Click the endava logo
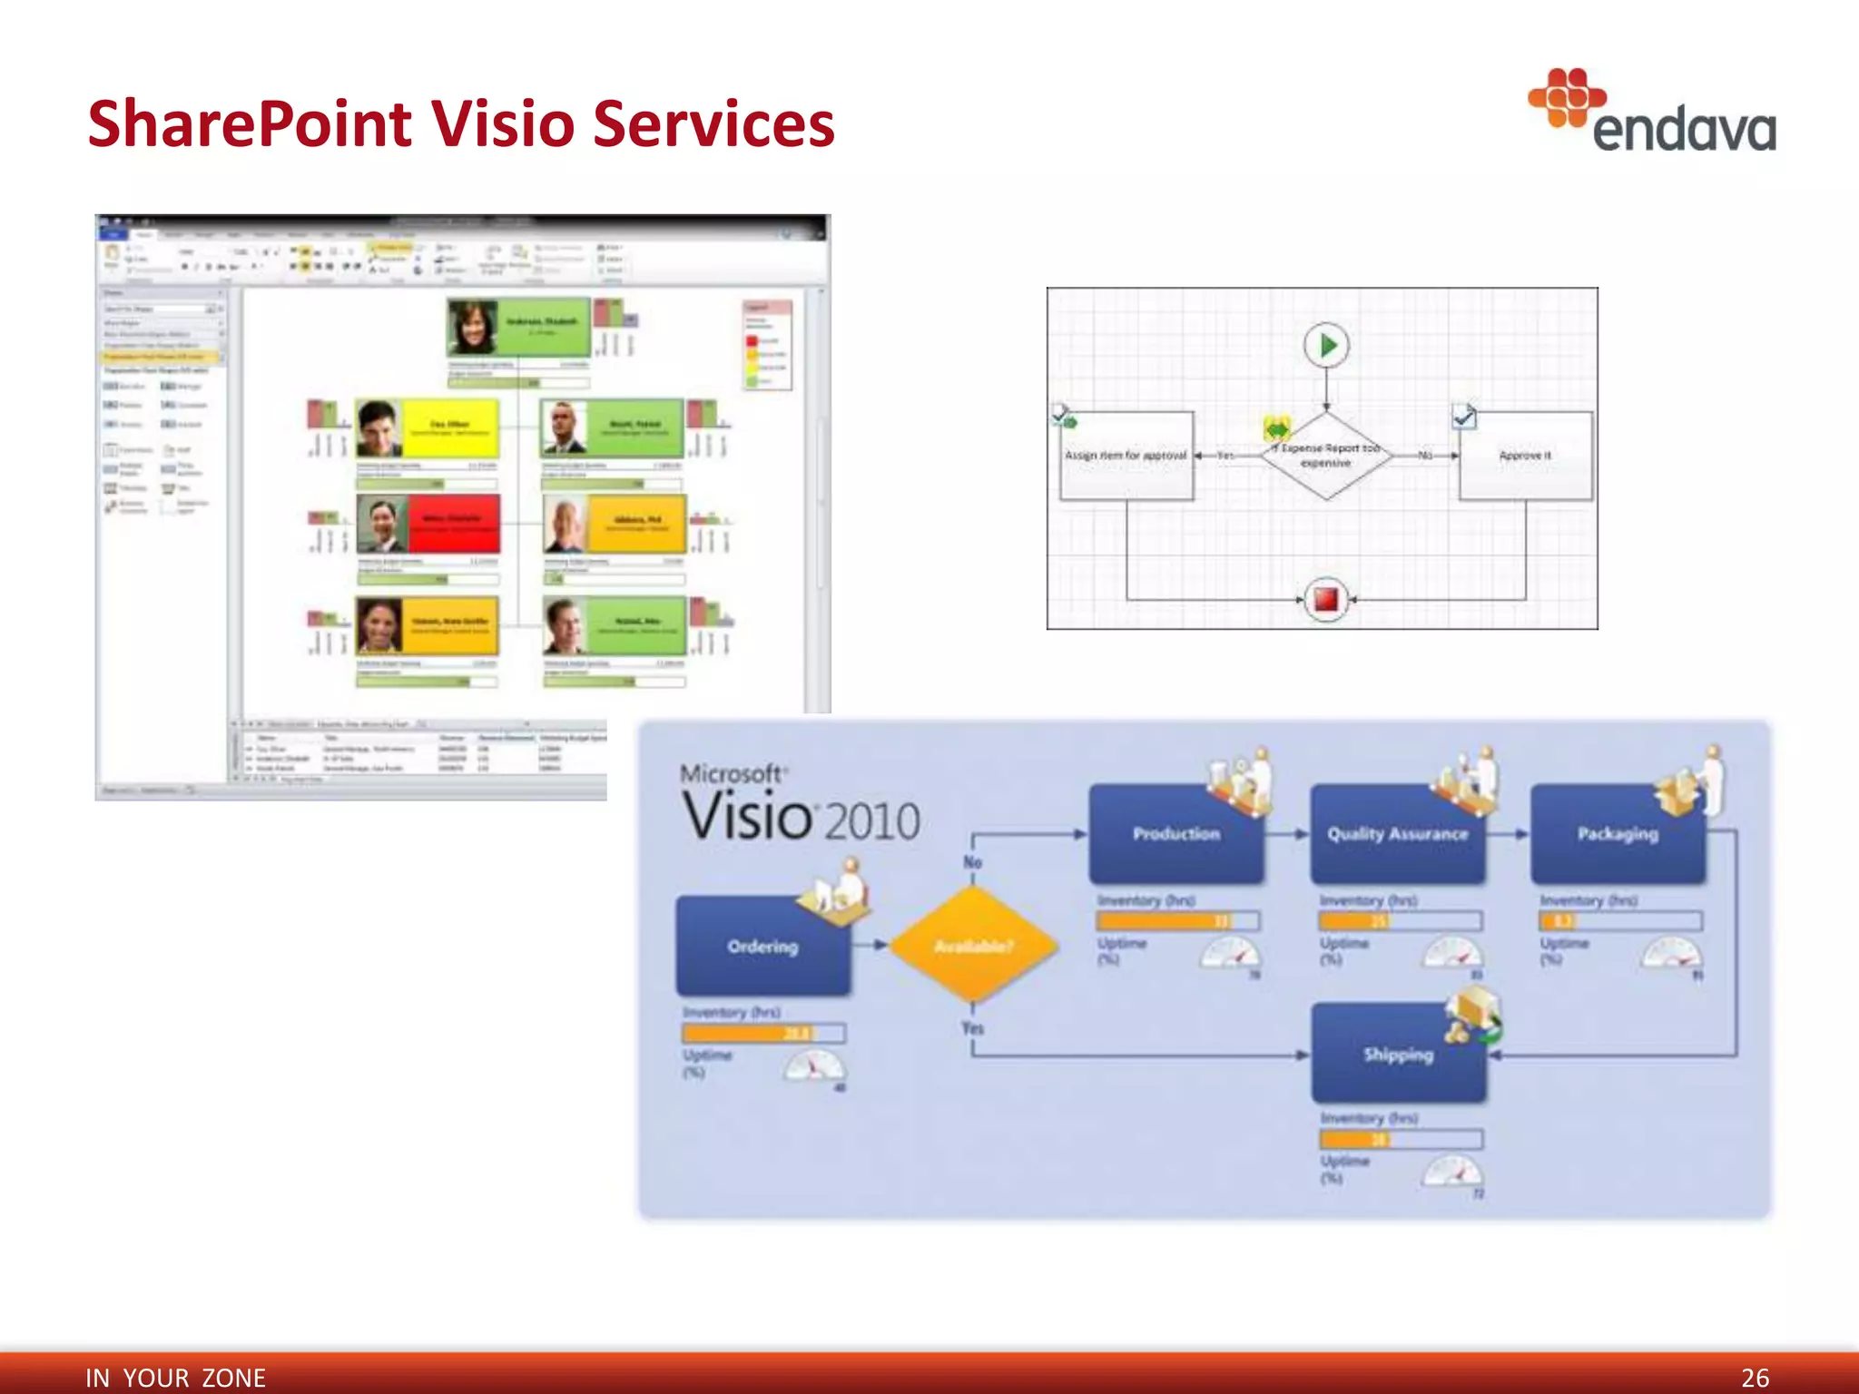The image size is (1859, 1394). pos(1652,113)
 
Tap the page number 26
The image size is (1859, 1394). pos(1755,1377)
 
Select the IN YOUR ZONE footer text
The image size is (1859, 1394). pos(175,1377)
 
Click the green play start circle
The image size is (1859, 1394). pos(1326,346)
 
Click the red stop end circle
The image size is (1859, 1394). pos(1326,599)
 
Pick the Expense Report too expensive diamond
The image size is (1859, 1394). pos(1326,456)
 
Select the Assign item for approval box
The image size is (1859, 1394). pos(1126,456)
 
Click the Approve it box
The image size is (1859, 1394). pos(1525,456)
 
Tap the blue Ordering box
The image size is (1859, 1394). pos(762,946)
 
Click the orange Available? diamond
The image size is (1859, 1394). pos(973,946)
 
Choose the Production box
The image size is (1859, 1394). pos(1175,833)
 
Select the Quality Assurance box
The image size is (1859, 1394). pos(1397,833)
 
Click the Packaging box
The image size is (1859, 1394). pos(1618,833)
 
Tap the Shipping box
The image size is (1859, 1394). pos(1398,1054)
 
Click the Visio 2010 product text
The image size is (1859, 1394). pos(801,815)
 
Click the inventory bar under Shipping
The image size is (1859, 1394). pos(1401,1139)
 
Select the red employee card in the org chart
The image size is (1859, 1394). pos(452,524)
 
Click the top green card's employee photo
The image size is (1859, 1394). pos(473,327)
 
